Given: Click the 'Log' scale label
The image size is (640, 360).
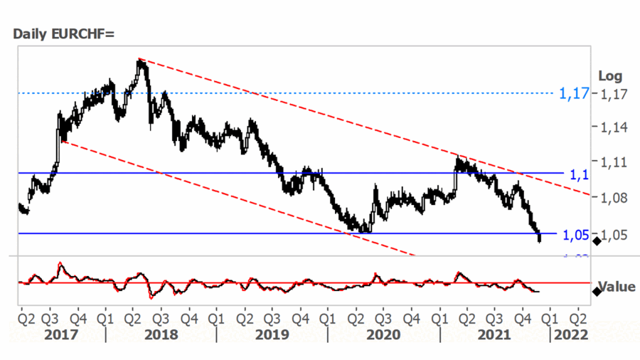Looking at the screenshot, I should [x=609, y=76].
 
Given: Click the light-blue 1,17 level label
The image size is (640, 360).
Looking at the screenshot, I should [x=573, y=93].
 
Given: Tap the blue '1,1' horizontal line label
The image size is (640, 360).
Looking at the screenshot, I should [x=579, y=174].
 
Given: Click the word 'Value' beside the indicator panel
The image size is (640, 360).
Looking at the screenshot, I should [x=616, y=287].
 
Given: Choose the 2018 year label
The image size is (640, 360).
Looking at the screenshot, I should [x=161, y=335].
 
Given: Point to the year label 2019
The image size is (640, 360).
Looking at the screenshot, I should [x=272, y=335].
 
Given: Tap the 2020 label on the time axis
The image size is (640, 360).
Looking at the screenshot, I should [x=383, y=335].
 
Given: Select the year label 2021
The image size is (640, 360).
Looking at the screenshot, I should [x=495, y=335].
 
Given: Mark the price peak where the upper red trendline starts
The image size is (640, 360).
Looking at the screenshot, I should [x=139, y=60].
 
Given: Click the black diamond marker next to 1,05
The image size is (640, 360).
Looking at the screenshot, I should [x=596, y=241].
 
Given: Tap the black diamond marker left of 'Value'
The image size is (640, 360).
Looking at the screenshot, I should [x=596, y=292].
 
